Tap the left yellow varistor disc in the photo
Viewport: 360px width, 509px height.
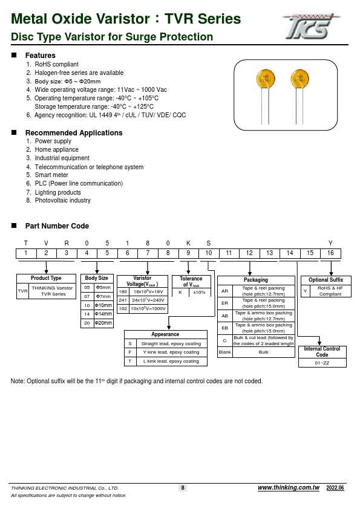[264, 79]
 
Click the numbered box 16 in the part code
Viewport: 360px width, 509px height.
[330, 253]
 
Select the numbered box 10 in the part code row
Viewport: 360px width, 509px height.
[208, 253]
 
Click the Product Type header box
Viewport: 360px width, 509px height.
[46, 279]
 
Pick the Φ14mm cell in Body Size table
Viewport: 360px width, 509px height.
[104, 314]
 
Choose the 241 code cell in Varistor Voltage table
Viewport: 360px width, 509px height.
[123, 300]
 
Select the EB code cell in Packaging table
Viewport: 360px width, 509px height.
[224, 328]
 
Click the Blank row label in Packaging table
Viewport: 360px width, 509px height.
[224, 352]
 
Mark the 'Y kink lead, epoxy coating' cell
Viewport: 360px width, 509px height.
[171, 352]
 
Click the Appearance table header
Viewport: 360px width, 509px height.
[165, 334]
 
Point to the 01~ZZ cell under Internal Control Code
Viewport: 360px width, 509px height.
[322, 363]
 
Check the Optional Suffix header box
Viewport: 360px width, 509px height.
[326, 280]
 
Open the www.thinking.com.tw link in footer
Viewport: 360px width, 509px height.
[288, 488]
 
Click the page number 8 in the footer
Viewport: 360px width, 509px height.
[182, 488]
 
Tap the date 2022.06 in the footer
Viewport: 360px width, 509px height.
[335, 488]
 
